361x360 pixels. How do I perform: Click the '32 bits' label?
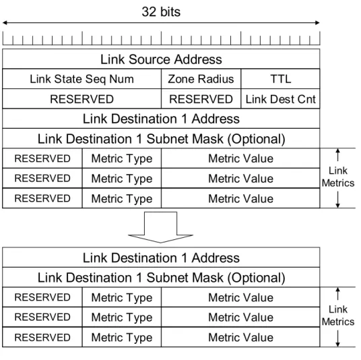pyautogui.click(x=161, y=11)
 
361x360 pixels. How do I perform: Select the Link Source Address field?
pyautogui.click(x=161, y=59)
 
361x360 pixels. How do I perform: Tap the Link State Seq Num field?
pyautogui.click(x=81, y=79)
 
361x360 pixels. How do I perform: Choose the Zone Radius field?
pyautogui.click(x=201, y=79)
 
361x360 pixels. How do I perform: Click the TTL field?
pyautogui.click(x=280, y=79)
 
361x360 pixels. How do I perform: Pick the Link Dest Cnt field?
pyautogui.click(x=280, y=99)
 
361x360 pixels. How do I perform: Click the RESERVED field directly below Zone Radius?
pyautogui.click(x=201, y=99)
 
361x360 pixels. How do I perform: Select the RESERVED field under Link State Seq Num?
pyautogui.click(x=81, y=99)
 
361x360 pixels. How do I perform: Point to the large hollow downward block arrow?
pyautogui.click(x=160, y=227)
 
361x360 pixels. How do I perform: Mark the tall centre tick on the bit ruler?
pyautogui.click(x=162, y=38)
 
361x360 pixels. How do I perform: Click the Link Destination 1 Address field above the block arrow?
pyautogui.click(x=161, y=119)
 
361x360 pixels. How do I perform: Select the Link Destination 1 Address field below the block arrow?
pyautogui.click(x=161, y=258)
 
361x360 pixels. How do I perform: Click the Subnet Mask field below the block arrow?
pyautogui.click(x=161, y=277)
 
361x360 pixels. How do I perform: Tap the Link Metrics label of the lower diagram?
pyautogui.click(x=337, y=316)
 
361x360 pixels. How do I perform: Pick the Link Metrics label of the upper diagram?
pyautogui.click(x=337, y=177)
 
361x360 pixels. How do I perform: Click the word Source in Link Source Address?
pyautogui.click(x=150, y=59)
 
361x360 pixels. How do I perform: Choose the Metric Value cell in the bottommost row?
pyautogui.click(x=240, y=337)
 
